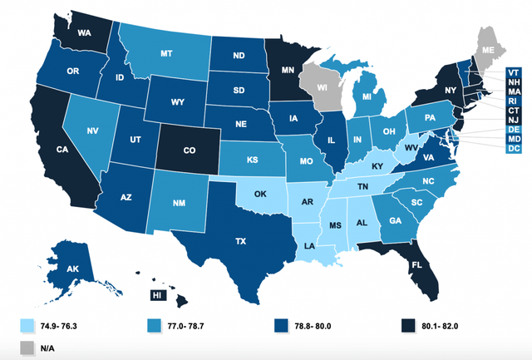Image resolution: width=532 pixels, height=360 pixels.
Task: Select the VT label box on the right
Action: pyautogui.click(x=515, y=72)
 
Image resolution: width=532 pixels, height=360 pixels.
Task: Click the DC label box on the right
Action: pyautogui.click(x=515, y=149)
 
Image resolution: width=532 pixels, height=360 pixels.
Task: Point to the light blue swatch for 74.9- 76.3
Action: pyautogui.click(x=27, y=323)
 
